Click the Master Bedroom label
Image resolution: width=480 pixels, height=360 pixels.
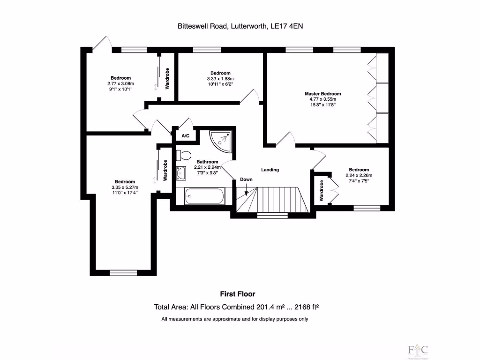click(x=323, y=94)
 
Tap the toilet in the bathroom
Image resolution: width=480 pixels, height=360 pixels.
click(x=184, y=155)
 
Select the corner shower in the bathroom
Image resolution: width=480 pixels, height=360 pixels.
click(x=221, y=139)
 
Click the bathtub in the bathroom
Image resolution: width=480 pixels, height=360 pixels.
click(x=204, y=196)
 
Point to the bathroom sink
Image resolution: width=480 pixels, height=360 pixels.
click(x=181, y=173)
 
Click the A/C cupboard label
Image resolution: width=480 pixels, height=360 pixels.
click(x=185, y=136)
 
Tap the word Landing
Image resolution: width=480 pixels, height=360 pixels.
click(x=270, y=170)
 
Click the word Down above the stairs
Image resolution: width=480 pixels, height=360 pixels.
click(x=246, y=180)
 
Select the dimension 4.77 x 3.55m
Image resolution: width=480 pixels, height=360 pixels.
click(x=323, y=99)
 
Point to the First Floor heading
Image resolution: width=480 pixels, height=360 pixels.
click(x=238, y=294)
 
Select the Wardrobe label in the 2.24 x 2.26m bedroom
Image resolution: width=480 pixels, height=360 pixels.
click(x=322, y=190)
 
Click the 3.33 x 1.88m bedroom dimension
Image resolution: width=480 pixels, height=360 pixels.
click(x=220, y=79)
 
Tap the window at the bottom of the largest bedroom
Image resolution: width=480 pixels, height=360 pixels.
click(x=124, y=272)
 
